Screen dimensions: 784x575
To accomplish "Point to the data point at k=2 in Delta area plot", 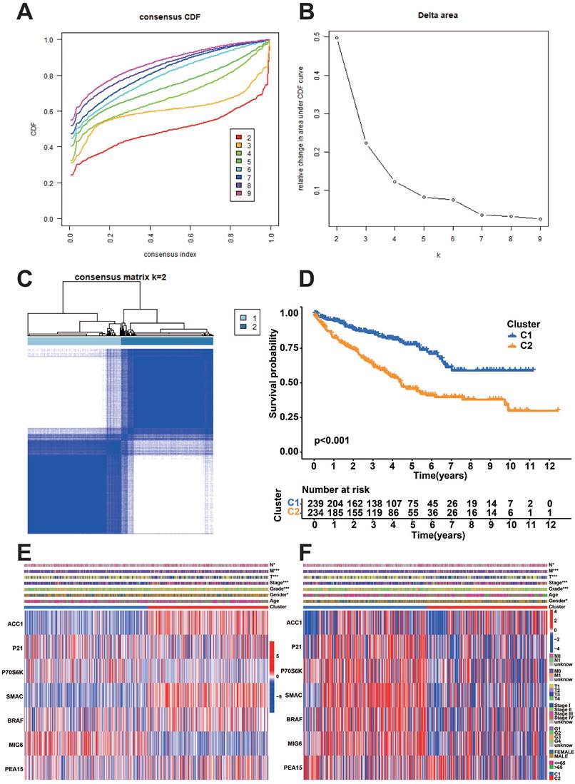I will (x=336, y=38).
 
